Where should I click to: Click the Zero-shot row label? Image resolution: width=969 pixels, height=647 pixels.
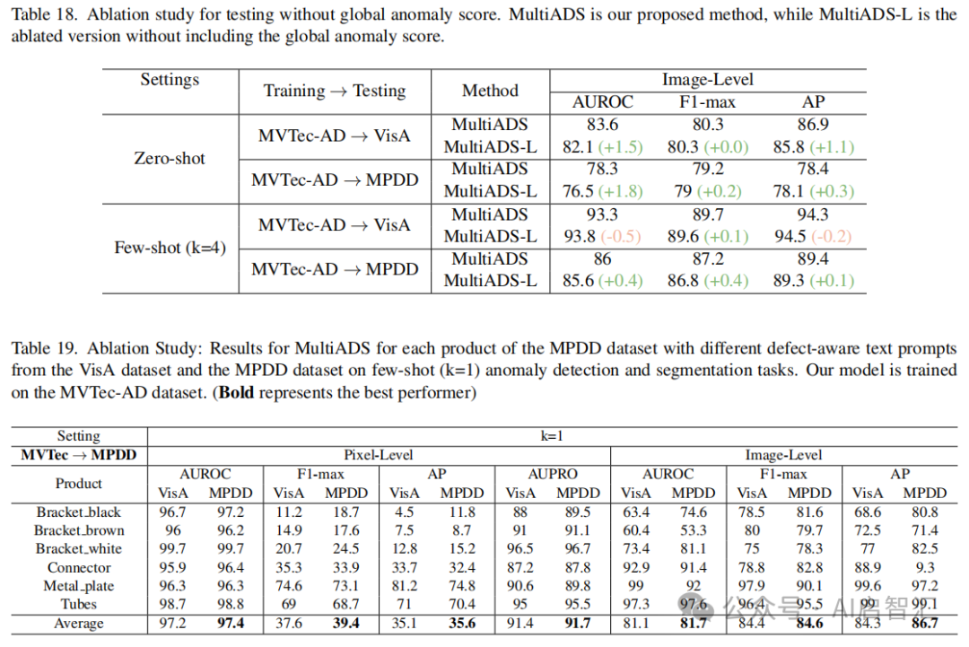[x=170, y=159]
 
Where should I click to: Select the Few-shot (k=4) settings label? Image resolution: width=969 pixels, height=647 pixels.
[x=170, y=248]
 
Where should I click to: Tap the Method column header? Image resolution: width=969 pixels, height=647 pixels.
[x=490, y=91]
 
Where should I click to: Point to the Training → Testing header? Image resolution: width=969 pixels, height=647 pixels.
[x=335, y=91]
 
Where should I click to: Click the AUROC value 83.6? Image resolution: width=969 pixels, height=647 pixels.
[x=602, y=125]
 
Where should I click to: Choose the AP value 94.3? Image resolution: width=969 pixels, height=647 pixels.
[x=813, y=215]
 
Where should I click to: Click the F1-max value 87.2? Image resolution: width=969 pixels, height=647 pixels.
[x=709, y=259]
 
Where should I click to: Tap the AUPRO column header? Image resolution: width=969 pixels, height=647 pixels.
[x=553, y=474]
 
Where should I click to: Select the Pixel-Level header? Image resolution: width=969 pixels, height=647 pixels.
[x=379, y=455]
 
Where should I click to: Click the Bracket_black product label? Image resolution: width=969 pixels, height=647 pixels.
[x=79, y=512]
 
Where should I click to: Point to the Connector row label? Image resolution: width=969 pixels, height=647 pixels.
[x=79, y=567]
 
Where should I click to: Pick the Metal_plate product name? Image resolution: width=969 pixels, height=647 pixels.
[x=79, y=586]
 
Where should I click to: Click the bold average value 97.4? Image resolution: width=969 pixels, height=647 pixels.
[x=231, y=623]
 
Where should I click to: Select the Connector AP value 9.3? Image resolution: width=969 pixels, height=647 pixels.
[x=924, y=567]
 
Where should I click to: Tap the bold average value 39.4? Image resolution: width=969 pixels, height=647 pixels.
[x=346, y=623]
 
